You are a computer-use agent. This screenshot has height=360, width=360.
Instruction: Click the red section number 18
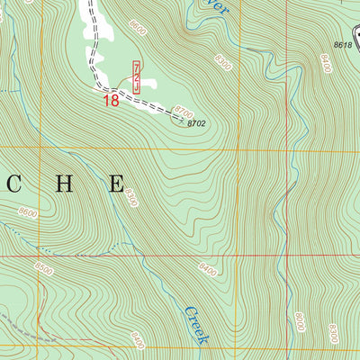[111, 101]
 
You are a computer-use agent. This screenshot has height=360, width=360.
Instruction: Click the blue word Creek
[196, 325]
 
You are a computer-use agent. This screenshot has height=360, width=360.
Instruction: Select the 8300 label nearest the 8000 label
[333, 334]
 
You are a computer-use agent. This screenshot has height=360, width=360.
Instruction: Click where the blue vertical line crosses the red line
[290, 256]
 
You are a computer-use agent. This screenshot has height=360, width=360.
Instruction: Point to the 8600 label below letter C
[28, 212]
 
